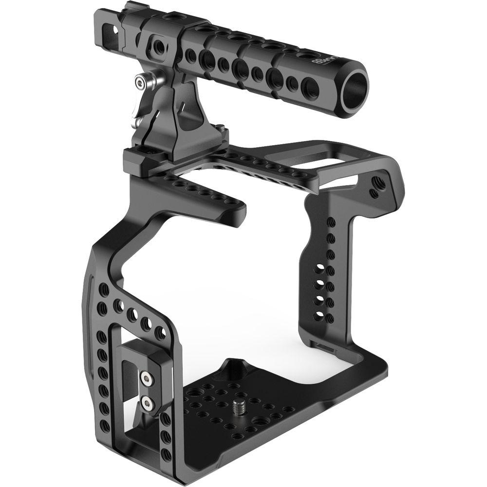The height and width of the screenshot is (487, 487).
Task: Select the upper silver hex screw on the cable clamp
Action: coord(145,377)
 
